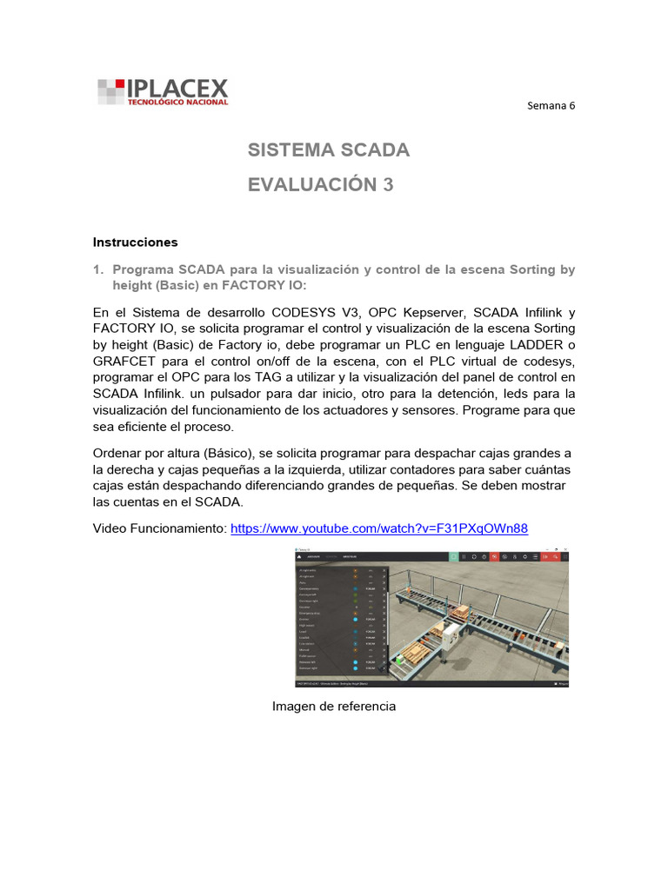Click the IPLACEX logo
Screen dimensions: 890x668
(163, 91)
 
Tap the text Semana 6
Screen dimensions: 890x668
(551, 106)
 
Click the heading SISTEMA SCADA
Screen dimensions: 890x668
(328, 150)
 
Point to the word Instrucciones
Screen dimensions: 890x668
(135, 242)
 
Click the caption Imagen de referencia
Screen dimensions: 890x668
(334, 706)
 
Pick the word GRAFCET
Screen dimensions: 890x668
(127, 362)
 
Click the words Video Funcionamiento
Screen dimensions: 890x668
(159, 528)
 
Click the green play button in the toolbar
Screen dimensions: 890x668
(453, 556)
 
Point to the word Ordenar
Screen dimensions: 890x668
(121, 453)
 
